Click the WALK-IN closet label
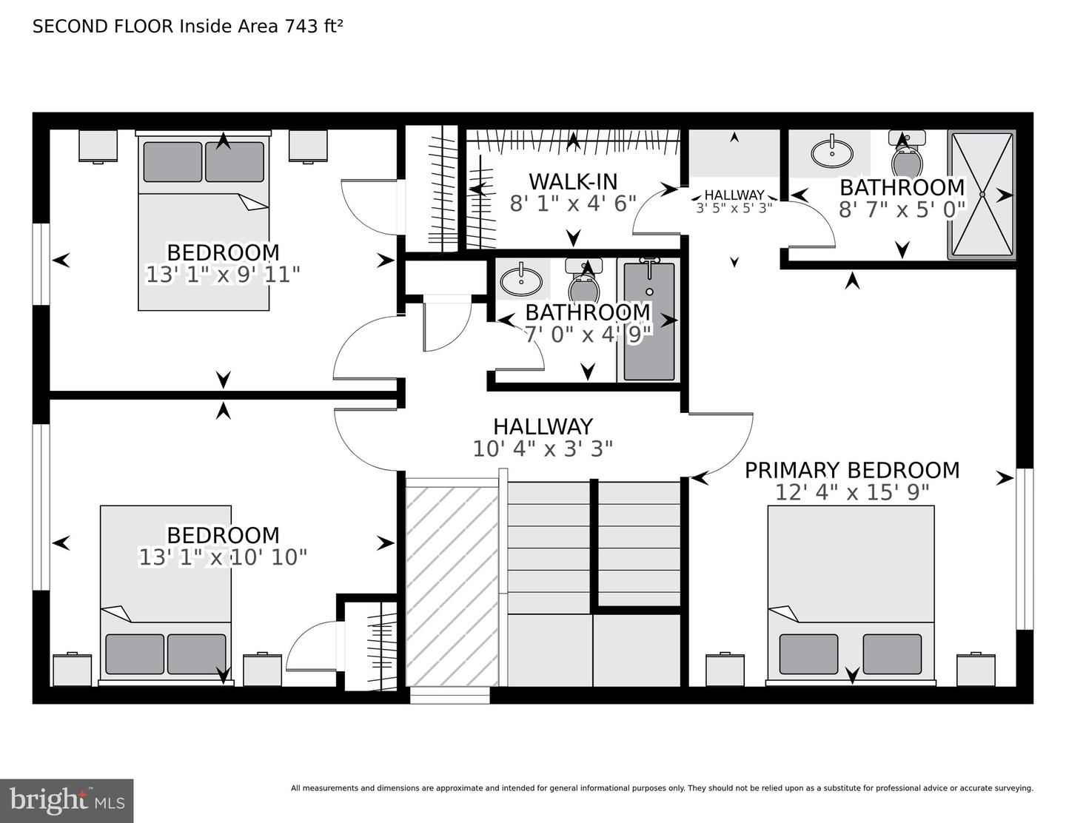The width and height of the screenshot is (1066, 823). pyautogui.click(x=572, y=181)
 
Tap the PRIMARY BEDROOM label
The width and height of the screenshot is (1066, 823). pyautogui.click(x=851, y=470)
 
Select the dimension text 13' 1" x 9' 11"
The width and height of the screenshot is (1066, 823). pyautogui.click(x=223, y=275)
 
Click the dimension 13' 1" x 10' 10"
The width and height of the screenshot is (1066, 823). pyautogui.click(x=223, y=557)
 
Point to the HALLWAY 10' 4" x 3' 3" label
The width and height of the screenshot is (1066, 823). pyautogui.click(x=543, y=437)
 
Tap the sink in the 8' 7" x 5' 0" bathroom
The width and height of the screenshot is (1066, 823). pyautogui.click(x=831, y=153)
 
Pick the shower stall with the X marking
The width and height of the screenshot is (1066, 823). pyautogui.click(x=982, y=195)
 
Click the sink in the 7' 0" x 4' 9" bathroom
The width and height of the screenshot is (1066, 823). pyautogui.click(x=520, y=281)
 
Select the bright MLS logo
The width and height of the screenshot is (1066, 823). pyautogui.click(x=67, y=801)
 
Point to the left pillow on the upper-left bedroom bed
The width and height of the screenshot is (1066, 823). pyautogui.click(x=172, y=161)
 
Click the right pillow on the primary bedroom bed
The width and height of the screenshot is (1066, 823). pyautogui.click(x=892, y=654)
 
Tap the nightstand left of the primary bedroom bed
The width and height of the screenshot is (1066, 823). pyautogui.click(x=725, y=670)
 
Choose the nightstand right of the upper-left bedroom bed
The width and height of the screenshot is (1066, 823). pyautogui.click(x=308, y=146)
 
